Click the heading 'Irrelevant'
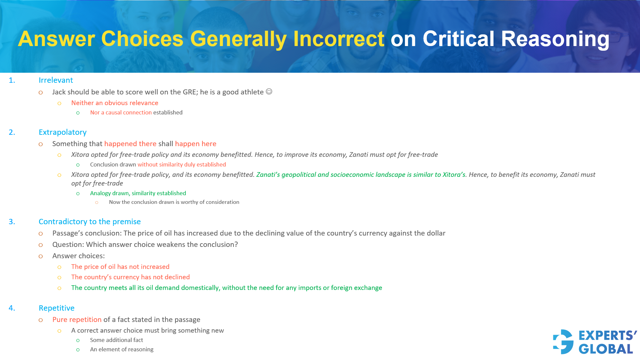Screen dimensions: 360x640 click(56, 80)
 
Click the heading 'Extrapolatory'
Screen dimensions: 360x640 click(62, 132)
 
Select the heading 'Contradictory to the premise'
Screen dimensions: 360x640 click(89, 222)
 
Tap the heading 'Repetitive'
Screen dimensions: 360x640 click(56, 308)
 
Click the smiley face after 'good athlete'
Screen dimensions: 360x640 click(269, 91)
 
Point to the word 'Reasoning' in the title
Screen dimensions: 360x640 click(555, 39)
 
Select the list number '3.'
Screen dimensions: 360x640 click(12, 222)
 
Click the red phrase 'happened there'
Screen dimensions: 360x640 click(130, 144)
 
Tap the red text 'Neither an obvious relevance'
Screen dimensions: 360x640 click(115, 103)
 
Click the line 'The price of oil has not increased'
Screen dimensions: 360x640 click(120, 267)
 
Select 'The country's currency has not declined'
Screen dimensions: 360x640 click(130, 277)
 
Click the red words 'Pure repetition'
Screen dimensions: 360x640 click(77, 320)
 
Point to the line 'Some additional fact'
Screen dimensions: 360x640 click(116, 340)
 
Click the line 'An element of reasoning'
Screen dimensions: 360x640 click(121, 349)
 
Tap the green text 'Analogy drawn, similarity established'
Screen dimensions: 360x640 click(138, 193)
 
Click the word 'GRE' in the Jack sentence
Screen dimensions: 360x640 click(190, 92)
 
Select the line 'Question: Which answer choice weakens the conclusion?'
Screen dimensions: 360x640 click(145, 245)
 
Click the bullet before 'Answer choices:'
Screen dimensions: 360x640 click(41, 256)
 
